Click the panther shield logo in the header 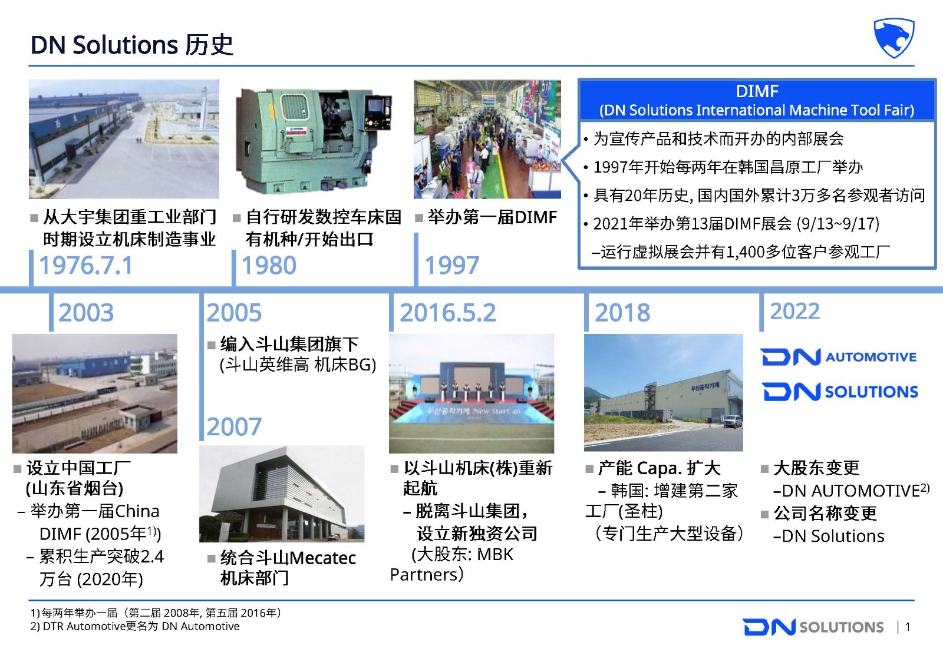(x=893, y=37)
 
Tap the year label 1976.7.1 (x=86, y=266)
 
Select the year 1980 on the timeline (x=269, y=266)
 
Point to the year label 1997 (x=451, y=266)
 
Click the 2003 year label (x=86, y=313)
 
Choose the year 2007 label (x=234, y=426)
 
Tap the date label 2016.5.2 (x=448, y=313)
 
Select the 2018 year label (x=622, y=313)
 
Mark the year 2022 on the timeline (x=795, y=312)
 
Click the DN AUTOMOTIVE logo (x=839, y=357)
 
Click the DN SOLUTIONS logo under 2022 (x=840, y=392)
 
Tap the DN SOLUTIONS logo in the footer (x=813, y=627)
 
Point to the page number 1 (x=908, y=627)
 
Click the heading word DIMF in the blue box (x=757, y=91)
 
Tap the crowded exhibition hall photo (x=487, y=139)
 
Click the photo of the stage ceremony (x=471, y=393)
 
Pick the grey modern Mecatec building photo (x=282, y=494)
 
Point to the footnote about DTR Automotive (x=135, y=626)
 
